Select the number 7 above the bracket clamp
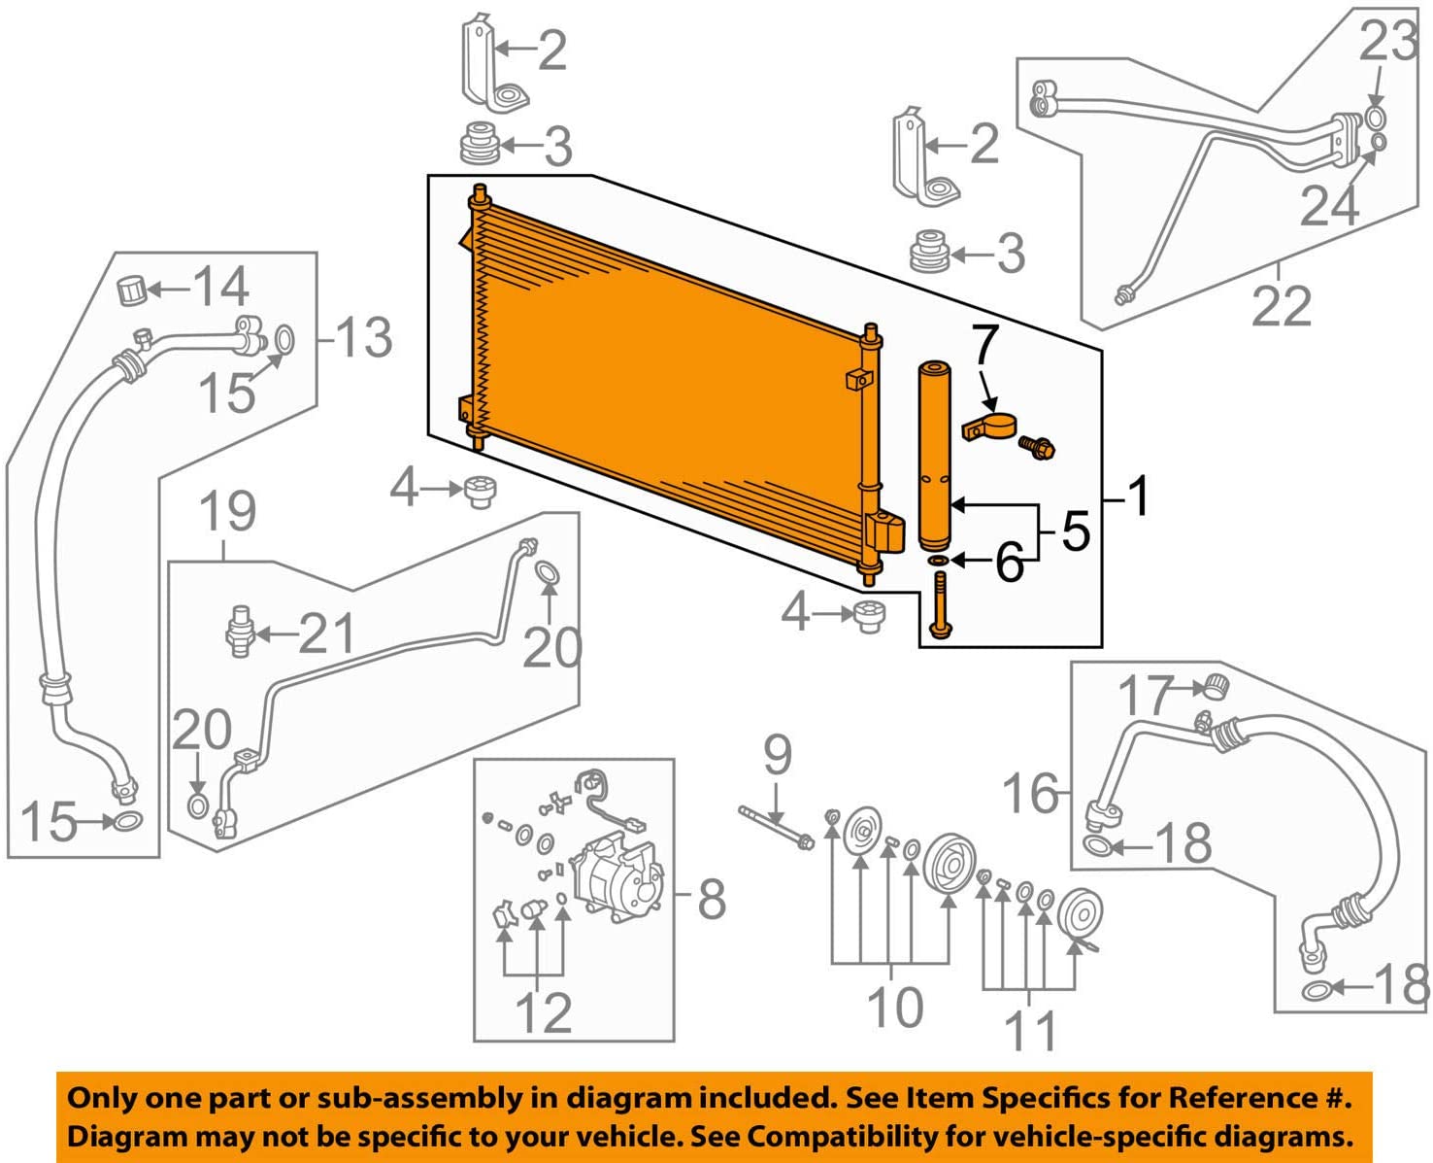pyautogui.click(x=984, y=345)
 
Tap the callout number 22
pyautogui.click(x=1281, y=306)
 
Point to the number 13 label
pyautogui.click(x=363, y=338)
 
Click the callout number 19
pyautogui.click(x=228, y=511)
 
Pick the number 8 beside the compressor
pyautogui.click(x=712, y=900)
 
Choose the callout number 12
pyautogui.click(x=543, y=1013)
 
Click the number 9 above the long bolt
pyautogui.click(x=777, y=755)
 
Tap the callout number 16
pyautogui.click(x=1031, y=793)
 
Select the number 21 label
pyautogui.click(x=326, y=634)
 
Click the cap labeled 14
pyautogui.click(x=131, y=290)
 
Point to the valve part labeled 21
pyautogui.click(x=239, y=631)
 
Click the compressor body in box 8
pyautogui.click(x=618, y=878)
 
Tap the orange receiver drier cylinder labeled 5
pyautogui.click(x=937, y=457)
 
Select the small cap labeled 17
pyautogui.click(x=1215, y=686)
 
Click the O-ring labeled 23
pyautogui.click(x=1376, y=119)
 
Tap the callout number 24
pyautogui.click(x=1329, y=205)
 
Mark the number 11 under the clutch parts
pyautogui.click(x=1031, y=1031)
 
